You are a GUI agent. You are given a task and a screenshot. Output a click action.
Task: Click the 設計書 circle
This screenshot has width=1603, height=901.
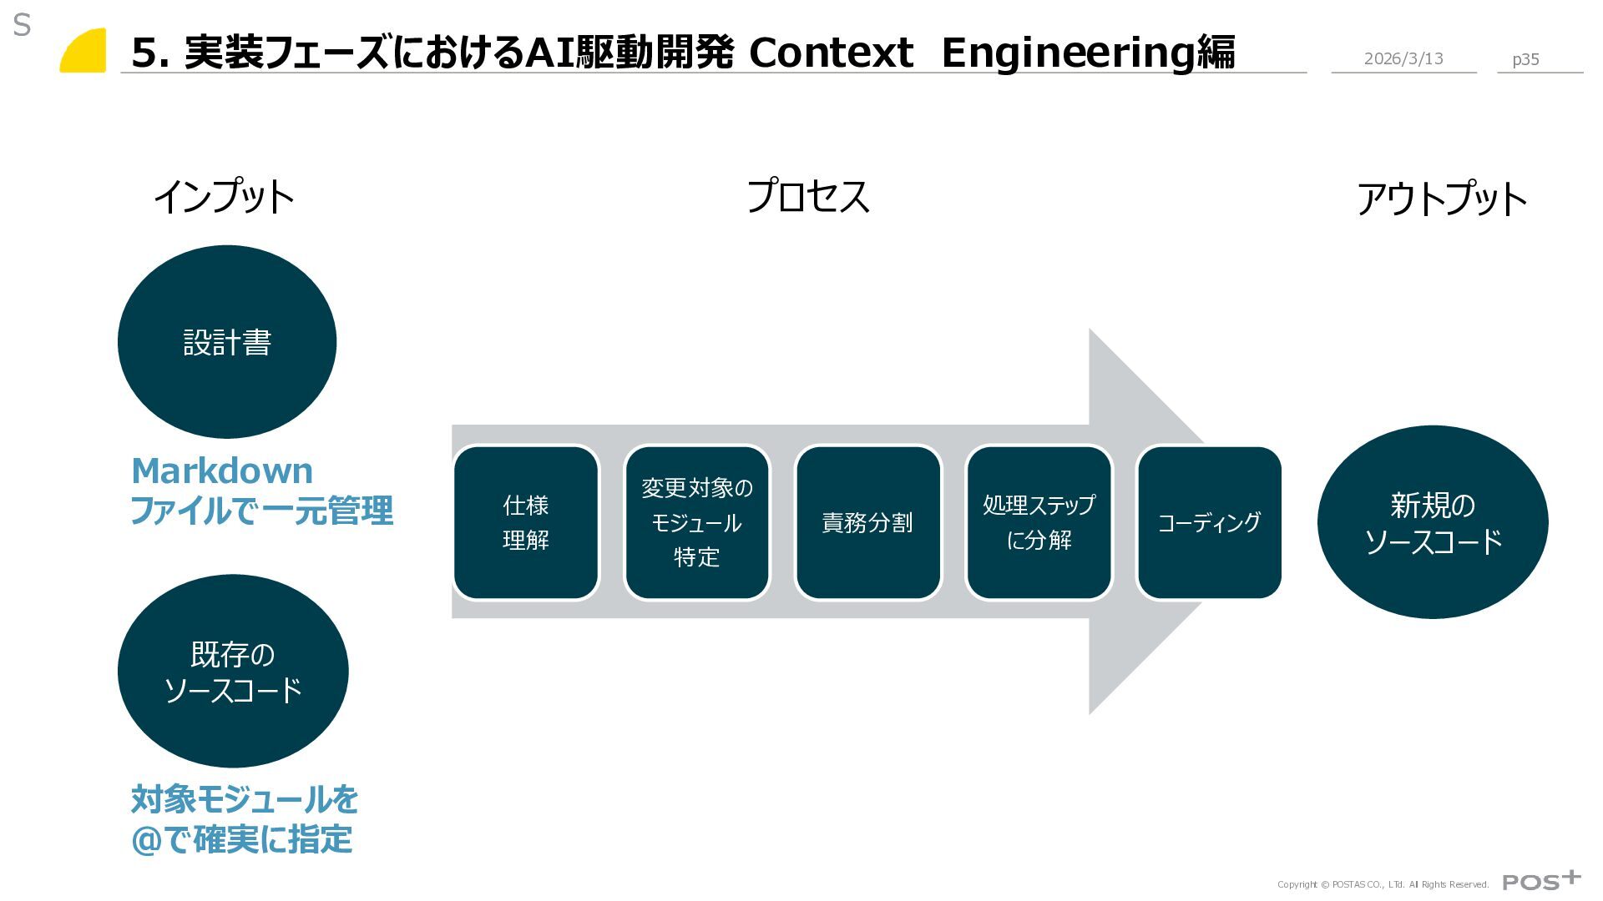(x=227, y=342)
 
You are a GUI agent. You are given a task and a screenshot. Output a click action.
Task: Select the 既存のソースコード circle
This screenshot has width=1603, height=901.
(x=233, y=672)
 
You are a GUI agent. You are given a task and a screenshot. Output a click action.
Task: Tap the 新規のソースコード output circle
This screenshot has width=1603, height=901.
(x=1433, y=522)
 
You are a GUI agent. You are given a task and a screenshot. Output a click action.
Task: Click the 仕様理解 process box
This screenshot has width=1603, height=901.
(x=526, y=522)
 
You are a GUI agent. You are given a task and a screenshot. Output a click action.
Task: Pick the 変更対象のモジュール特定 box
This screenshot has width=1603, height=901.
(x=697, y=522)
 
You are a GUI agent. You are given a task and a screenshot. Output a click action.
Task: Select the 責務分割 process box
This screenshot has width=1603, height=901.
(x=867, y=522)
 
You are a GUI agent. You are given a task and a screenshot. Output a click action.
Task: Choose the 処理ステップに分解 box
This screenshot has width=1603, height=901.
(x=1039, y=522)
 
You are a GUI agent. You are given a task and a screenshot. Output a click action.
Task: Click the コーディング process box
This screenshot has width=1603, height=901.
(x=1209, y=522)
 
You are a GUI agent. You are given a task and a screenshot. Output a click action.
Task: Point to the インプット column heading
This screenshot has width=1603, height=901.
(x=224, y=198)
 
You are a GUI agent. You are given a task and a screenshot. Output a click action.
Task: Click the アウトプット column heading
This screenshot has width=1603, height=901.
(x=1442, y=200)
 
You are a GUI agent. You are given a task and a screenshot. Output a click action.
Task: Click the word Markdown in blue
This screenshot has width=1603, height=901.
(x=222, y=471)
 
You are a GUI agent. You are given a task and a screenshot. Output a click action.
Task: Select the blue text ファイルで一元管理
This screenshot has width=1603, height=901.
(x=261, y=511)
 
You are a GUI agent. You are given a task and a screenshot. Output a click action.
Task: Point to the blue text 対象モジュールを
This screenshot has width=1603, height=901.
(x=245, y=799)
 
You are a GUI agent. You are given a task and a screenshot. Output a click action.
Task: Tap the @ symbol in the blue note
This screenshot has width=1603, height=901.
(x=145, y=840)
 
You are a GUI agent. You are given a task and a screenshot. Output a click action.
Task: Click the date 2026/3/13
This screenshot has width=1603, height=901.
(x=1403, y=58)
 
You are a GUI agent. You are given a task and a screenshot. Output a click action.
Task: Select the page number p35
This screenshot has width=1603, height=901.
(x=1525, y=59)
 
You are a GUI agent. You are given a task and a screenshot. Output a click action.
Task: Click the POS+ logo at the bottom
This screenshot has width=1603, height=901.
(x=1541, y=881)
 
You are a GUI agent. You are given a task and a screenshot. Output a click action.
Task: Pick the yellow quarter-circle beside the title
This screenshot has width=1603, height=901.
(x=85, y=53)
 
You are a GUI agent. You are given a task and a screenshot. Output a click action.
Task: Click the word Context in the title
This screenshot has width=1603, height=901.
(x=831, y=53)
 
